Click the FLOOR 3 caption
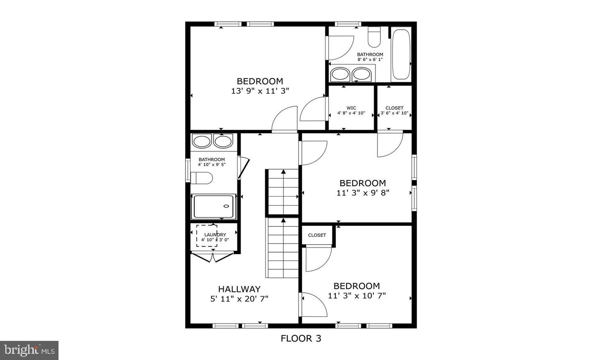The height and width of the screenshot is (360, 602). pos(301,338)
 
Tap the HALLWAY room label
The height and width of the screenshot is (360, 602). pos(239,289)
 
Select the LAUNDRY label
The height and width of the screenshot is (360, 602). pos(215,235)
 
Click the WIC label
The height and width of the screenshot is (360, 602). pos(351,108)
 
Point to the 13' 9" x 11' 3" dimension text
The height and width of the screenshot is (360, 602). pos(260,91)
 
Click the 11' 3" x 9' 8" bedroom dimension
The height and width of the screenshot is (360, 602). pos(362,193)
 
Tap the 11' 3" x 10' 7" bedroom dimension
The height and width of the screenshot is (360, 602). pos(357,296)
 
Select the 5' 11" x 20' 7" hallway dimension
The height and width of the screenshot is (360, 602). pos(239,299)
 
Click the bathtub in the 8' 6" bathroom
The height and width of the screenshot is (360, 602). pos(401,54)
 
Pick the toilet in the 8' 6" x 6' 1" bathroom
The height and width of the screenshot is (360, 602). pos(374,38)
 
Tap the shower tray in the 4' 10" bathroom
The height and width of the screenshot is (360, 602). pos(213,206)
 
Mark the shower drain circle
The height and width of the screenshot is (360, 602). pos(227,206)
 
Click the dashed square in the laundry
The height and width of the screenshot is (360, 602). pos(207,236)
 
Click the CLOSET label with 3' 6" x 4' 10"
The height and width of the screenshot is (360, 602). pos(394,108)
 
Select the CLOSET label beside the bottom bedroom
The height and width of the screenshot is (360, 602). pos(317,235)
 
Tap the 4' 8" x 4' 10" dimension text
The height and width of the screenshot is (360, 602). pos(351,113)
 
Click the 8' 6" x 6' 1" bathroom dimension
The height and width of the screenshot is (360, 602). pos(370,59)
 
